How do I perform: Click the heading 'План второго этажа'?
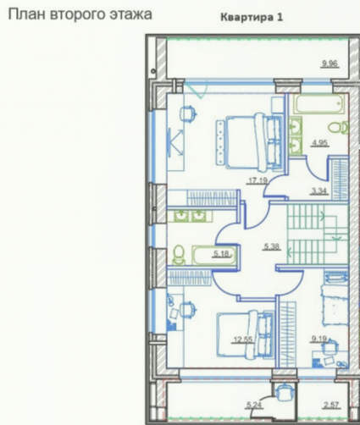pos(80,14)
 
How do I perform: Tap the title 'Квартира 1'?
pos(252,17)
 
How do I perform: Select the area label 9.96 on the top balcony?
pos(330,63)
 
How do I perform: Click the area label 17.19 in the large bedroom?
pos(257,180)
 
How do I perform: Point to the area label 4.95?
pos(320,143)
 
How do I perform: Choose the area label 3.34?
pos(319,191)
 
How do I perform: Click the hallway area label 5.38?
pos(272,246)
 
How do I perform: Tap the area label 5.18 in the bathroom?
pos(221,254)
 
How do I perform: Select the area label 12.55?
pos(243,339)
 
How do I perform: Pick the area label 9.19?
pos(319,339)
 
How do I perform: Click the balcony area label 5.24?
pos(254,406)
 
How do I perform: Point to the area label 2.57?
pos(331,406)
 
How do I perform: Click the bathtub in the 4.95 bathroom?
pos(319,103)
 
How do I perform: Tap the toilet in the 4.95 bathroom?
pos(338,128)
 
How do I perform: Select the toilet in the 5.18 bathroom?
pos(179,255)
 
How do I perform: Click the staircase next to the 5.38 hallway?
pos(318,234)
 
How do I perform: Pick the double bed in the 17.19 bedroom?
pos(250,142)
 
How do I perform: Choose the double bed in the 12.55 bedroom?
pos(245,335)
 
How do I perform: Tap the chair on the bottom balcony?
pos(285,393)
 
